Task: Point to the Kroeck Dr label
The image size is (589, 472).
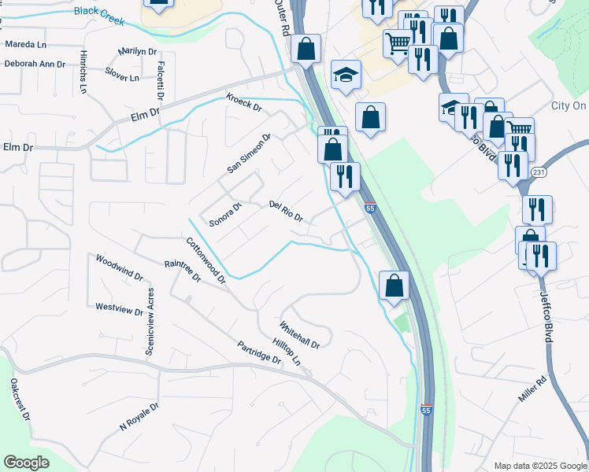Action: (x=243, y=103)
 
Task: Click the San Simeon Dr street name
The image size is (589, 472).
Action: (x=249, y=153)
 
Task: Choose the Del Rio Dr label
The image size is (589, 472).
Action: (x=286, y=211)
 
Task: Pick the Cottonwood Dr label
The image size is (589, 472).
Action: (x=206, y=260)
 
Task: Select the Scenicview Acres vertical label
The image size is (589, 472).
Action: (x=149, y=321)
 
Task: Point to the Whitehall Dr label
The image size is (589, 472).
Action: (x=299, y=334)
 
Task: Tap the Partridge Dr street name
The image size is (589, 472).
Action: (x=259, y=352)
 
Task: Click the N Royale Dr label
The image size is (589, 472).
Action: (x=139, y=417)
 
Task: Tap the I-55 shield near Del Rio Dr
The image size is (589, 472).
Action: (x=370, y=208)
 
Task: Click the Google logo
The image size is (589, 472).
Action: (x=27, y=462)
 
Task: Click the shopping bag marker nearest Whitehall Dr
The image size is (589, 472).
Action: (x=394, y=286)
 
